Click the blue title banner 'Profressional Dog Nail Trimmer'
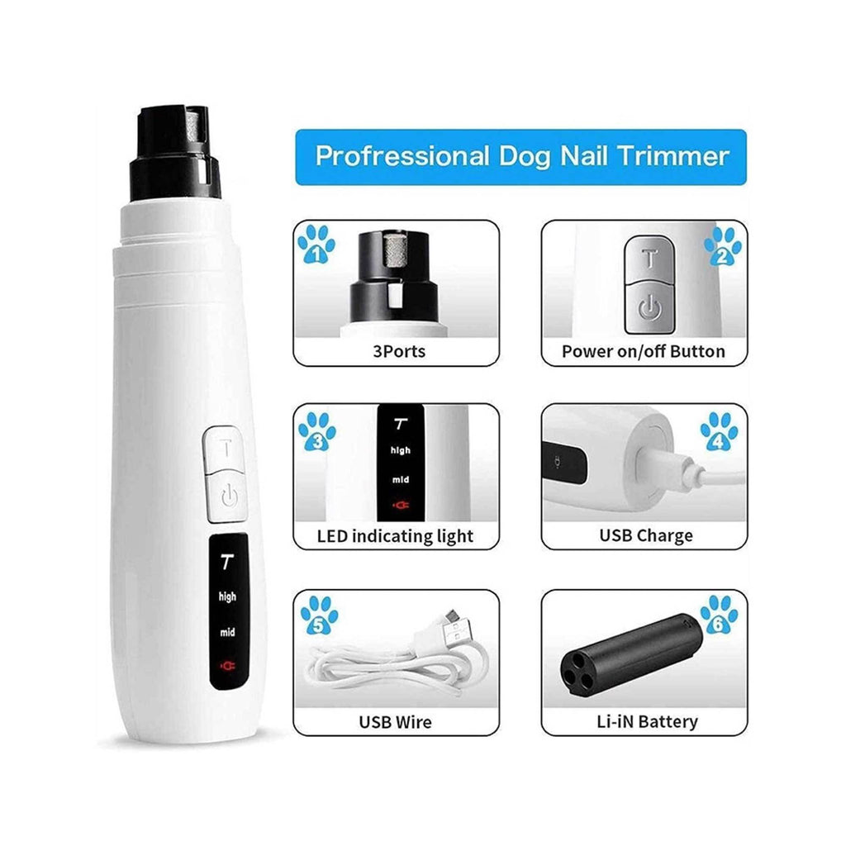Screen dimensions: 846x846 click(x=521, y=157)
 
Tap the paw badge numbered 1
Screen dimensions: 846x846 click(x=316, y=245)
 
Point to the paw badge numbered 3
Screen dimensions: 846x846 click(x=316, y=431)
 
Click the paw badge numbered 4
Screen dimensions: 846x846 click(x=719, y=432)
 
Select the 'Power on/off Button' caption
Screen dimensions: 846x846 click(x=644, y=351)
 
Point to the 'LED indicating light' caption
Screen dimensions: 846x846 click(x=396, y=536)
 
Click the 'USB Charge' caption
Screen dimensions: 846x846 click(x=645, y=536)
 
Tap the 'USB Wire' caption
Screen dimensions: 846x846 click(x=395, y=721)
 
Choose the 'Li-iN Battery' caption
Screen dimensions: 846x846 click(x=646, y=721)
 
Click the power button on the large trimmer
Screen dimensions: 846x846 click(x=229, y=497)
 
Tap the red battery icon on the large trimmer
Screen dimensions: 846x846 click(x=226, y=663)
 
